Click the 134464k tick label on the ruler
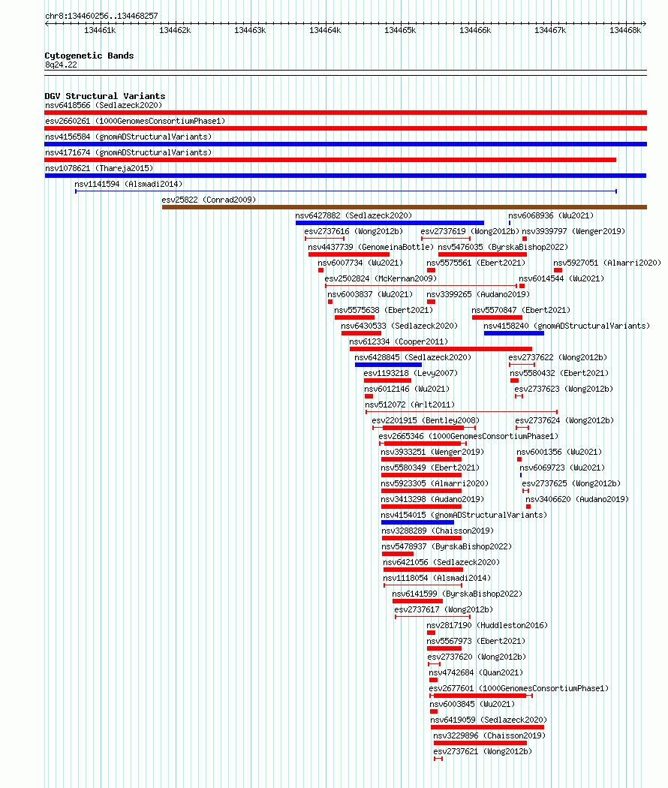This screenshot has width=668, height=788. [325, 30]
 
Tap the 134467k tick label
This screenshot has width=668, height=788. [550, 30]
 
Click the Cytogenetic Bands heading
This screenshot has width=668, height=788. [89, 56]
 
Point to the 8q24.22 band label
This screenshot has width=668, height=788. [61, 65]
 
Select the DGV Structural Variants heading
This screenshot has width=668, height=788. [105, 96]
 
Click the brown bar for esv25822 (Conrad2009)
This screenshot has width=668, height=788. [404, 207]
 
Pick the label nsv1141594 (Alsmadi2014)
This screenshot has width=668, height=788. [128, 184]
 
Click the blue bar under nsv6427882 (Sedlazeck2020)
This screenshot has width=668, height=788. [390, 223]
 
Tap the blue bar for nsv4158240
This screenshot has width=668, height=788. [513, 333]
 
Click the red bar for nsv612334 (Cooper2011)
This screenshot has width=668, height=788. [441, 349]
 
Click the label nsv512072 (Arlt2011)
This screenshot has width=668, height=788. [410, 405]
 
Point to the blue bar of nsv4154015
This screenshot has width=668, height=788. [418, 522]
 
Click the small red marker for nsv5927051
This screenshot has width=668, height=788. [558, 270]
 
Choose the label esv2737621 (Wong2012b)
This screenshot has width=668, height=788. [483, 751]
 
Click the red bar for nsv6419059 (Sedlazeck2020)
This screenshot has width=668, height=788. [487, 727]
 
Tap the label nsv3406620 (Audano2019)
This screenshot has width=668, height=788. [577, 499]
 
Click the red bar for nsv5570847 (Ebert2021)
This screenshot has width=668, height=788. [497, 317]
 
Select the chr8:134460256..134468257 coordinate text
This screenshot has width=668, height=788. [101, 16]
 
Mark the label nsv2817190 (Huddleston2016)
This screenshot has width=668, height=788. [487, 625]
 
